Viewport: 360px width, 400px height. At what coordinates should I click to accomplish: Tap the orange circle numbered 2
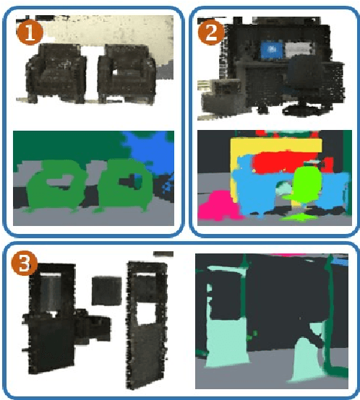(x=210, y=32)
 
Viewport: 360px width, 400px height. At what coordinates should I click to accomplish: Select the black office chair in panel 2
(x=304, y=83)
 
